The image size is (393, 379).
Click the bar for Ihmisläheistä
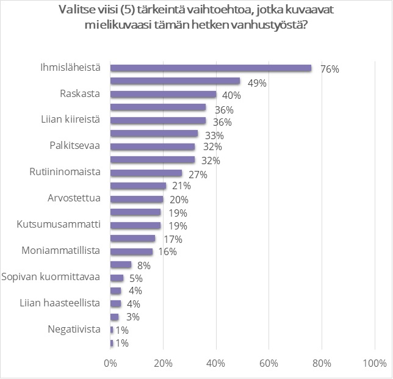tap(211, 68)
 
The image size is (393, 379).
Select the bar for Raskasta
tap(163, 95)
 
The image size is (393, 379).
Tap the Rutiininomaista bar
tap(146, 173)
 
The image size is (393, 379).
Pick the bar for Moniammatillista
tap(131, 251)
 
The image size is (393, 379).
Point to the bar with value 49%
tap(175, 81)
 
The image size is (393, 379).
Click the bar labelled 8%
tap(121, 264)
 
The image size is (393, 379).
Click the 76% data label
tap(330, 69)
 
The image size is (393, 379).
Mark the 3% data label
tap(132, 317)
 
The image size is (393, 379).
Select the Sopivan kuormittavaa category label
tap(51, 276)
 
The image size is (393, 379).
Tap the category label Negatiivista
tap(74, 329)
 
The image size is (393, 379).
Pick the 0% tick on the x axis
tap(110, 364)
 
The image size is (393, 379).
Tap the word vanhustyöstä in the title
tap(278, 26)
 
